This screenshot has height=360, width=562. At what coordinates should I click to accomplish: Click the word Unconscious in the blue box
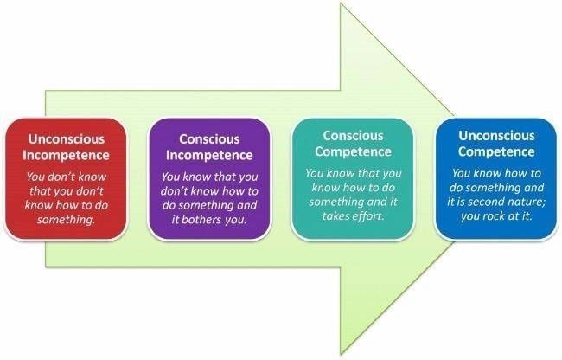pyautogui.click(x=496, y=136)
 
